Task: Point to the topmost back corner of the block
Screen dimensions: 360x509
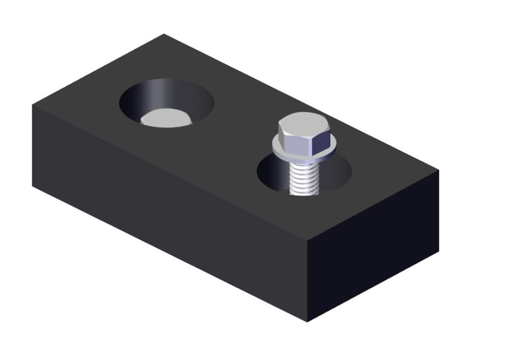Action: click(x=164, y=34)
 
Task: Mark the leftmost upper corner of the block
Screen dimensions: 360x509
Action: click(x=33, y=105)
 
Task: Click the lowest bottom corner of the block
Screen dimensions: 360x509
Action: click(x=307, y=322)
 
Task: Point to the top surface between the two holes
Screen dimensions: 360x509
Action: click(x=229, y=127)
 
